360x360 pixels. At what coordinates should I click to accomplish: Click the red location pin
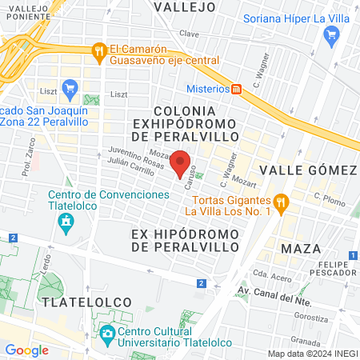coord(181,162)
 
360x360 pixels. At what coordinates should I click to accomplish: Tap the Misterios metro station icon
coord(237,89)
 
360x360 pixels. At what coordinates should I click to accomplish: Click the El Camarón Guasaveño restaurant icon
coord(99,49)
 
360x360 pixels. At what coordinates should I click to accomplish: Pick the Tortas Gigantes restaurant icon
coord(281,202)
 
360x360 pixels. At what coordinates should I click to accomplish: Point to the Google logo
coord(26,350)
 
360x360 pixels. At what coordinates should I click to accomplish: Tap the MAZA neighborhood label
coord(302,248)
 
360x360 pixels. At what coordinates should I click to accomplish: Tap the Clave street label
coord(189,34)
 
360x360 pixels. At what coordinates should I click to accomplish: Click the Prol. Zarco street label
coord(30,164)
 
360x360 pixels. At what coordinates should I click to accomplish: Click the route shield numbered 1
coord(353,255)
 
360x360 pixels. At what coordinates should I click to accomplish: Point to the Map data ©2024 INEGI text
coord(312,354)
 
